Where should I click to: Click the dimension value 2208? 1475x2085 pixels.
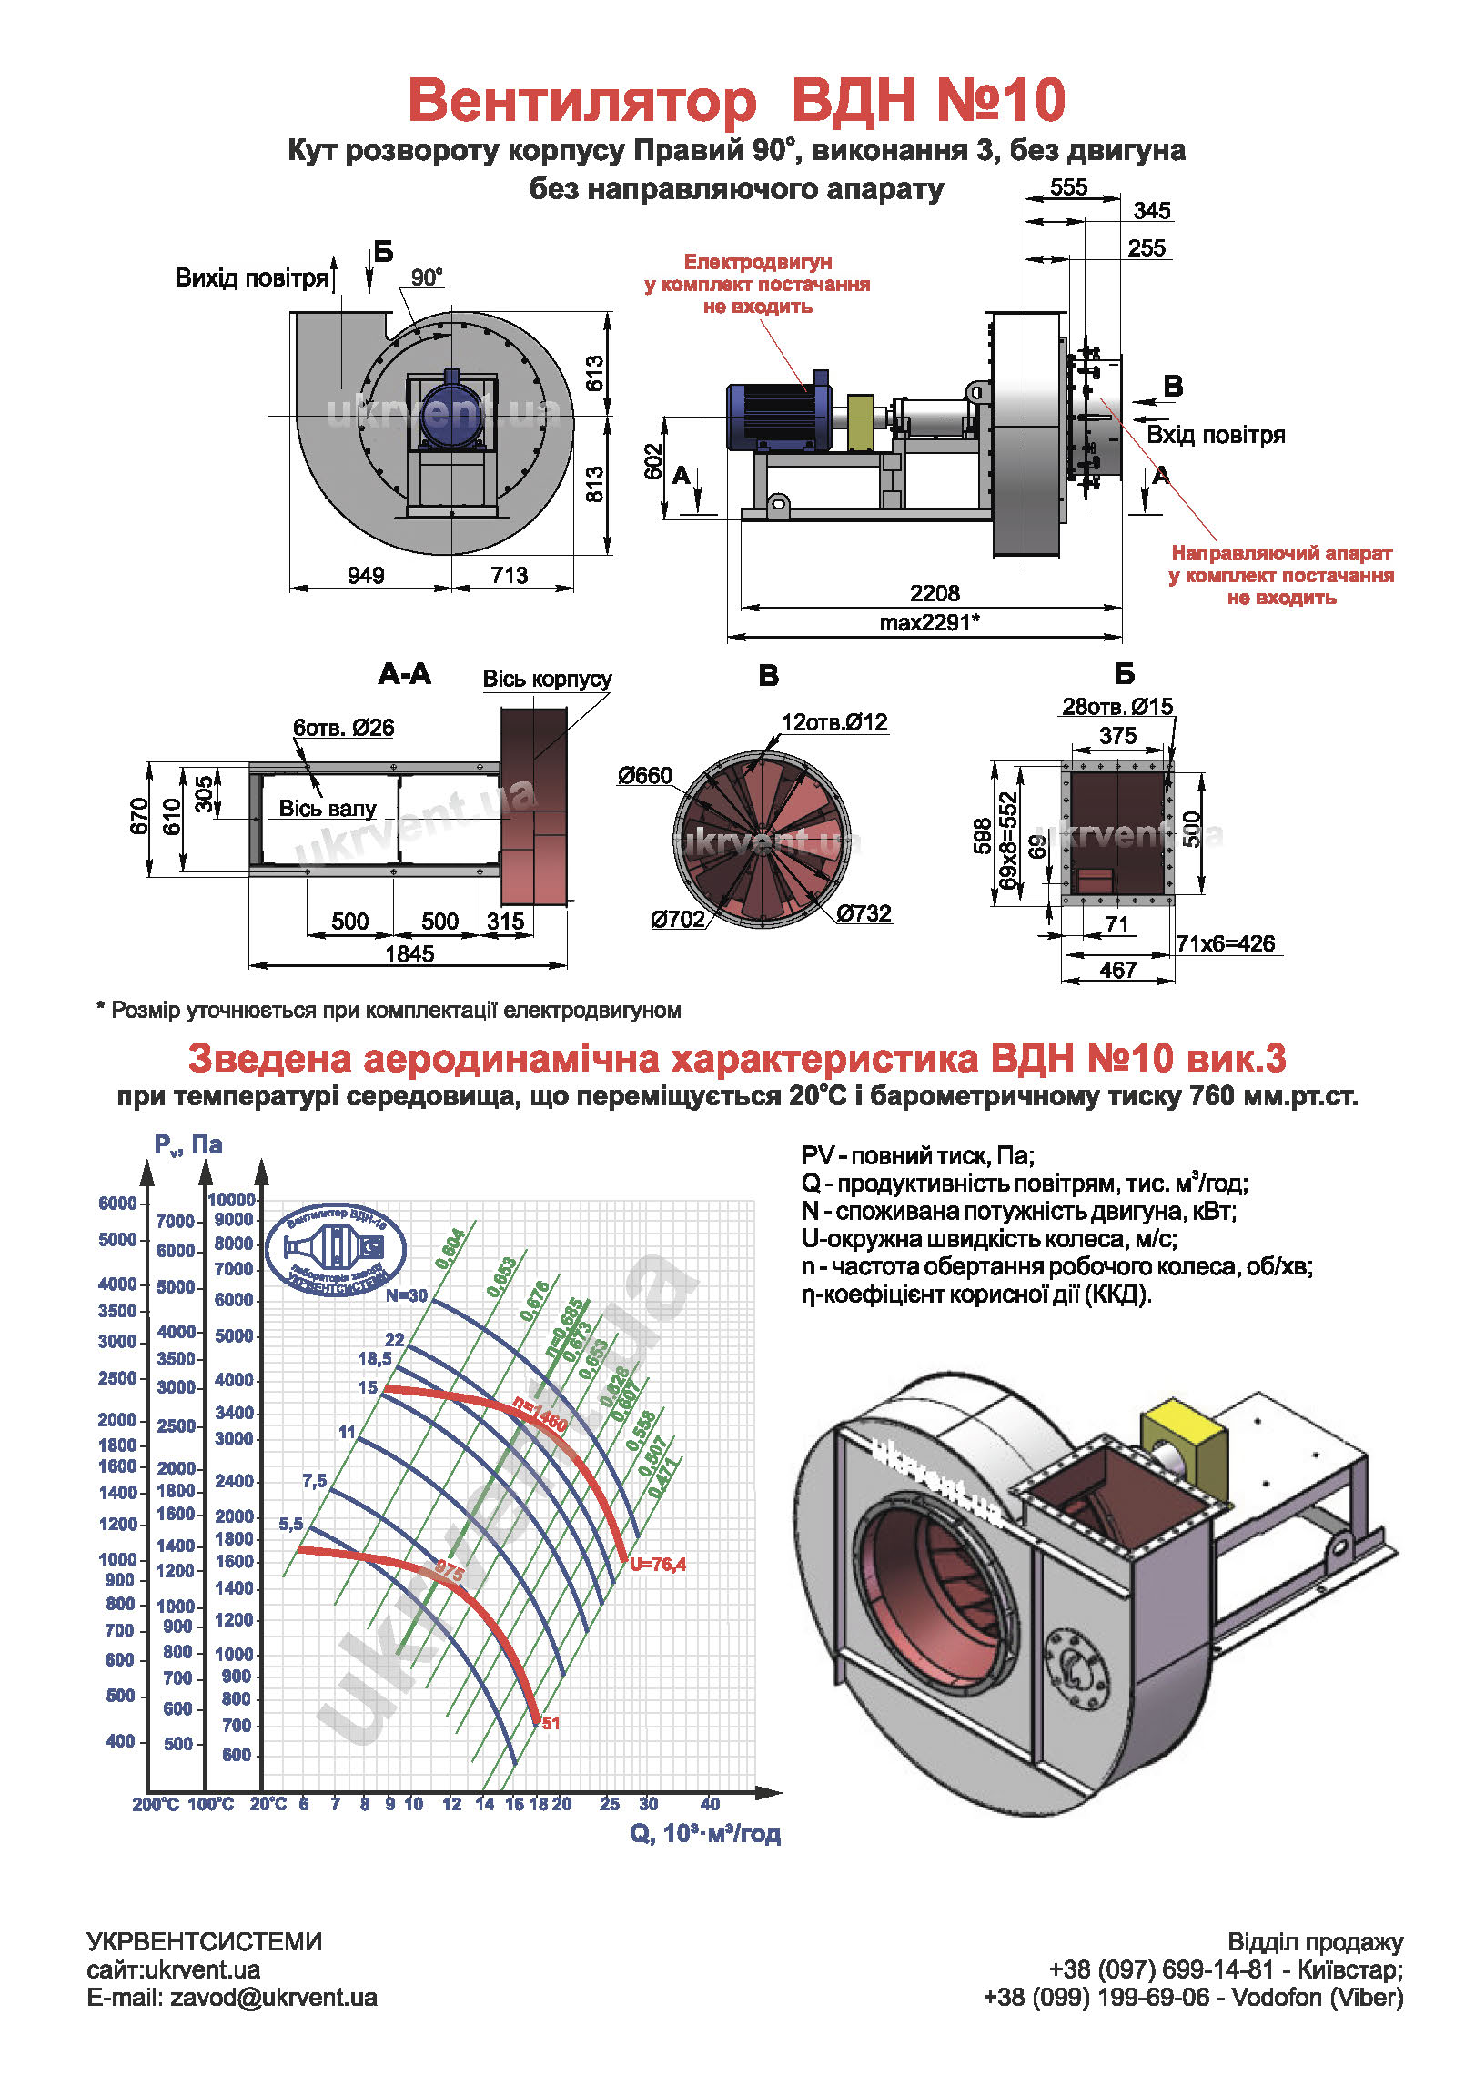click(935, 593)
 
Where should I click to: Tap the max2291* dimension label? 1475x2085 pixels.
click(929, 622)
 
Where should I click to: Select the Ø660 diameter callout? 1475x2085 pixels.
click(644, 775)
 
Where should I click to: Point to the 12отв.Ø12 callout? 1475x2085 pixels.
click(834, 722)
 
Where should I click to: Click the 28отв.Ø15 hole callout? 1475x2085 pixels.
click(1117, 706)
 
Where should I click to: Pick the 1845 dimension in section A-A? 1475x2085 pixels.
click(409, 953)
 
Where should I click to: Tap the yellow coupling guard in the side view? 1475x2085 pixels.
click(861, 422)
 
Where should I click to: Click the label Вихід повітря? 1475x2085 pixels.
click(251, 277)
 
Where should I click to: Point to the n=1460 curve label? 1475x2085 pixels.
click(540, 1414)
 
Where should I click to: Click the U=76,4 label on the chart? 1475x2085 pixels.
click(657, 1564)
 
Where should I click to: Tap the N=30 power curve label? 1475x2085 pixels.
click(406, 1295)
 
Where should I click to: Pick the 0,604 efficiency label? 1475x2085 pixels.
click(450, 1249)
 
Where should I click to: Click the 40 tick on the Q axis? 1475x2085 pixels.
click(710, 1803)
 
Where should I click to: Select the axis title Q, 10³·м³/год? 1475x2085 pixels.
click(705, 1833)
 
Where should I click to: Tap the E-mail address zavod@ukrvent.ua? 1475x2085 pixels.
click(273, 1998)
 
